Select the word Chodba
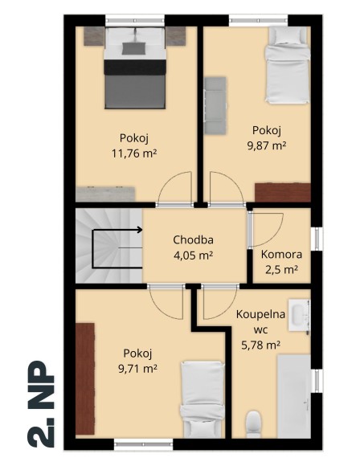(x=193, y=240)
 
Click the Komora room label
(x=280, y=255)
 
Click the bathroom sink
(x=301, y=317)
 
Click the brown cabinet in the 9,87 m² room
(x=282, y=192)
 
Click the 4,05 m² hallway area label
(x=193, y=255)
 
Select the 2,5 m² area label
(x=280, y=270)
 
